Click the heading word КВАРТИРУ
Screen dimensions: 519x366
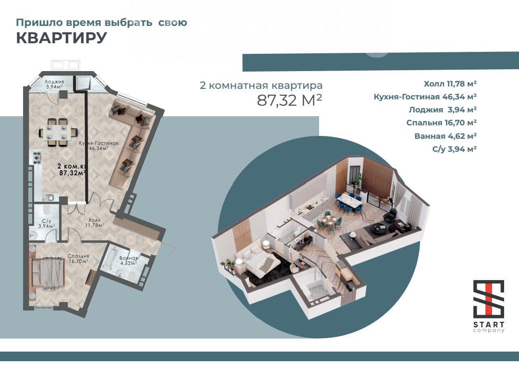[62, 38]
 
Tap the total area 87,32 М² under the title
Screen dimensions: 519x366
[289, 100]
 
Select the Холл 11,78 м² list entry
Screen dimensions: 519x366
[450, 84]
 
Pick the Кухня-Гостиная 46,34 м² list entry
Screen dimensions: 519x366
[425, 97]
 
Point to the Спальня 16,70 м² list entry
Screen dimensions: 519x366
[441, 123]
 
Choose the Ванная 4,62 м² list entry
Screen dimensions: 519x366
[445, 136]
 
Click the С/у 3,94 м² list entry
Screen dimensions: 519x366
[455, 149]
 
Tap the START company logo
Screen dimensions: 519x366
[489, 306]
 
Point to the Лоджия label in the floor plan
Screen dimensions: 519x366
[54, 82]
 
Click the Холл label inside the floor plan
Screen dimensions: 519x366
[95, 220]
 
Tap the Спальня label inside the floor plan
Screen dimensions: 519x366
[78, 256]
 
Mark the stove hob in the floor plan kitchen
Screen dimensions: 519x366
[37, 158]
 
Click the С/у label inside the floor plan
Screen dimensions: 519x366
[47, 221]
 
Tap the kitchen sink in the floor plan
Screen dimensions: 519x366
[49, 197]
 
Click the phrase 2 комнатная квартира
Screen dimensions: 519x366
[261, 85]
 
